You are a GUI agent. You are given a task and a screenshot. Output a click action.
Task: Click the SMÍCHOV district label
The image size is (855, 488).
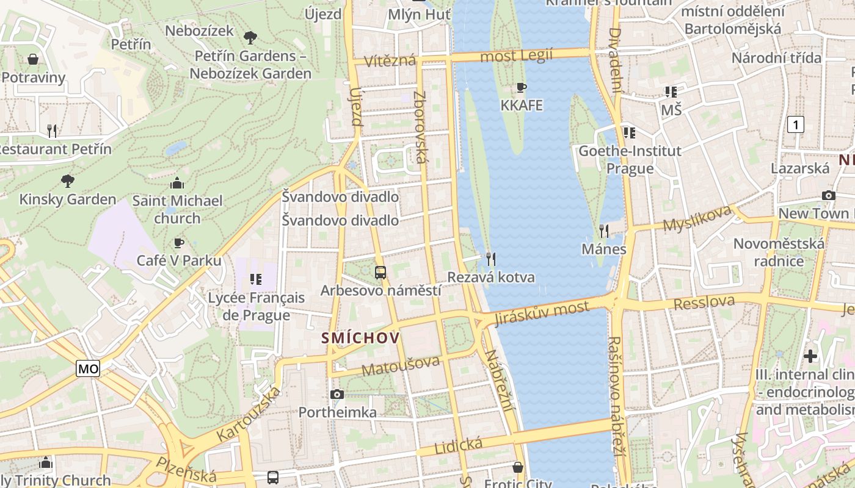pyautogui.click(x=360, y=338)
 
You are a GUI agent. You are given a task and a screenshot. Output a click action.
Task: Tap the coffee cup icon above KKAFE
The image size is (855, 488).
pyautogui.click(x=522, y=87)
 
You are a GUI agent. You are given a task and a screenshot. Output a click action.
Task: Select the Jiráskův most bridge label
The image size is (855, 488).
pyautogui.click(x=542, y=313)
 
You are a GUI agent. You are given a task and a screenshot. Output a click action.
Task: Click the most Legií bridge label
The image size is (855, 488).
pyautogui.click(x=517, y=56)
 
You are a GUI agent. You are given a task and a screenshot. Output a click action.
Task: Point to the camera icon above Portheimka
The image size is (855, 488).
pyautogui.click(x=337, y=394)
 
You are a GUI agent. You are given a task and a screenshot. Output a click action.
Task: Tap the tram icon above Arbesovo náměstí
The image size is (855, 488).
pyautogui.click(x=380, y=272)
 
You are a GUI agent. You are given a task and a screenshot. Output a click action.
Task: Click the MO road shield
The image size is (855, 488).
pyautogui.click(x=88, y=368)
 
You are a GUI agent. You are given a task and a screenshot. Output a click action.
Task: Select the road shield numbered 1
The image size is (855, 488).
pyautogui.click(x=795, y=125)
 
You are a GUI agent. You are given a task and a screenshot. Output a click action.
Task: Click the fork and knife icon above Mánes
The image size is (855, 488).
pyautogui.click(x=604, y=231)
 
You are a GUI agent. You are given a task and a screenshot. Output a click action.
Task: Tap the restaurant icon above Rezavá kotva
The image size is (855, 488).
pyautogui.click(x=490, y=259)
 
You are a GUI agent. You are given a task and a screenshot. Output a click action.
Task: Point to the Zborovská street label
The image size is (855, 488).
pyautogui.click(x=420, y=127)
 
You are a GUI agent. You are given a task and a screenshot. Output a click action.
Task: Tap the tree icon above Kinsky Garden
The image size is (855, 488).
pyautogui.click(x=67, y=181)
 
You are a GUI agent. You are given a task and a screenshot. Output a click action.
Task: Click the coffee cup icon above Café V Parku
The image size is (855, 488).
pyautogui.click(x=178, y=243)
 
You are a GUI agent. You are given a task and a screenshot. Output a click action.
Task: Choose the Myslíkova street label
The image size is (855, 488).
pyautogui.click(x=697, y=218)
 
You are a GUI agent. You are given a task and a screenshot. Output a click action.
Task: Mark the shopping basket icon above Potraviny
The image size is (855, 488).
pyautogui.click(x=33, y=59)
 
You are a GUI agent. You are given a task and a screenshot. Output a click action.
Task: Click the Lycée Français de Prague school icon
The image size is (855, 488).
pyautogui.click(x=256, y=279)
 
